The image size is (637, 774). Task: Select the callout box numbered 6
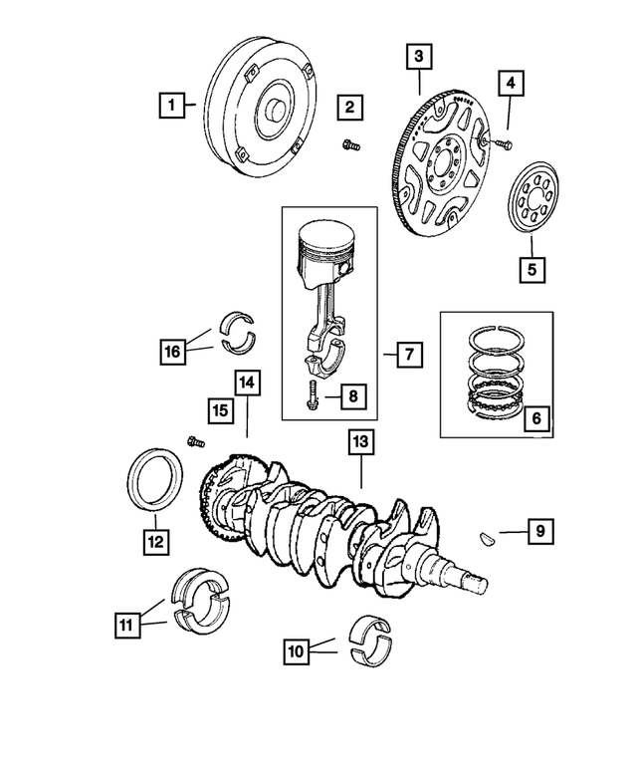(534, 419)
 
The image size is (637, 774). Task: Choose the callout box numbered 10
(296, 652)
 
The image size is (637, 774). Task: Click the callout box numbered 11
(125, 626)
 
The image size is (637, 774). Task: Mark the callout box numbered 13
(360, 440)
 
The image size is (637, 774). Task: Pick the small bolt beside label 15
(195, 438)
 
